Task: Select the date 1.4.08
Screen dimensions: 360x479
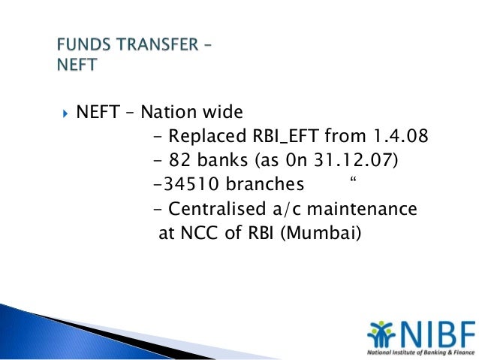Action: [x=400, y=137]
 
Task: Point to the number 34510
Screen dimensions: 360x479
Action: [x=186, y=185]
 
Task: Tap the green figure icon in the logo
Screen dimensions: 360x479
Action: [x=378, y=331]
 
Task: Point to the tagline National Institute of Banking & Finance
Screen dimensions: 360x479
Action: [x=420, y=351]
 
